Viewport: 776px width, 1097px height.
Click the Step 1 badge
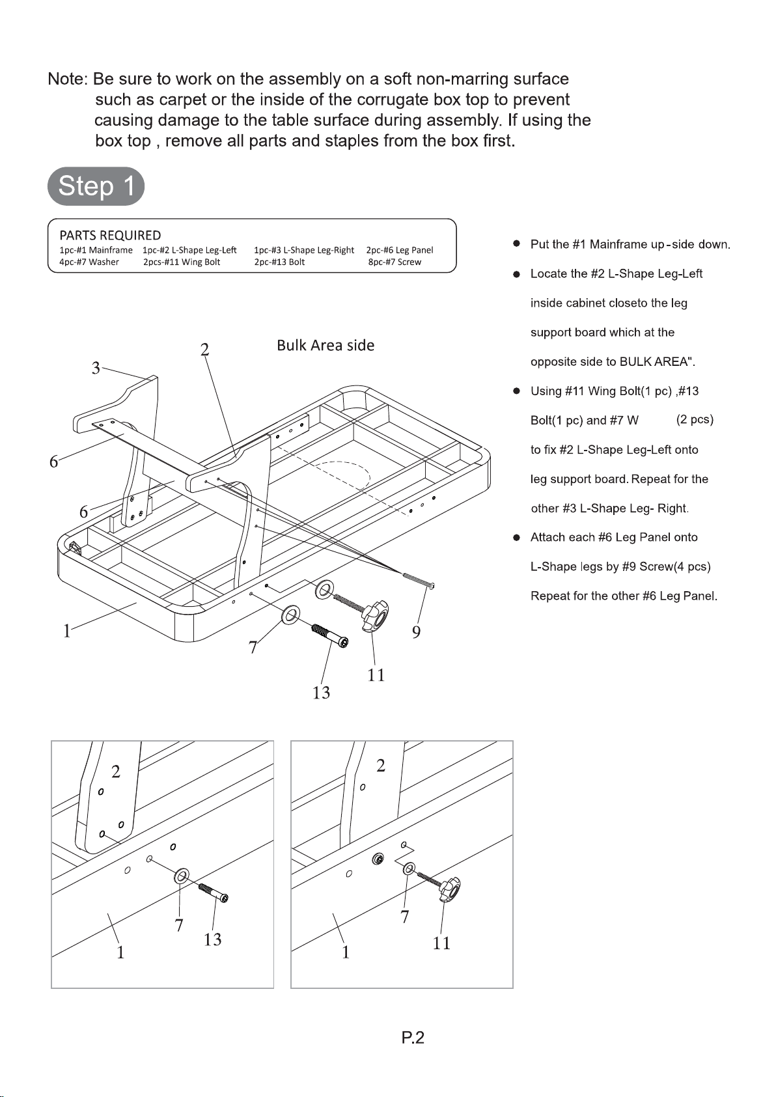tap(96, 186)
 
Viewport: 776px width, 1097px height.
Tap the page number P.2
tap(413, 1038)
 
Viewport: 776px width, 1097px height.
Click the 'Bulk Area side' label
tap(326, 345)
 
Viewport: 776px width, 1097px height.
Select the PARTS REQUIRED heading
tap(110, 235)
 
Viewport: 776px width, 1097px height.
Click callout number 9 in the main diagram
tap(416, 632)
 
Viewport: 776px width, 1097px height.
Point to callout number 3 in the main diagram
tap(96, 368)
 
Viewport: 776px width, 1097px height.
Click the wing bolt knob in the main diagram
tap(376, 616)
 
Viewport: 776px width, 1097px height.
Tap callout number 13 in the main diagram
tap(321, 693)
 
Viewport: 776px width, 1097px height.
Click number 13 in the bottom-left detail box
tap(212, 939)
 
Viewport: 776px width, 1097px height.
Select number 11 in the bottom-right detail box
tap(441, 943)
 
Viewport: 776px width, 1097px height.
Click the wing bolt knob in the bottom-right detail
tap(450, 889)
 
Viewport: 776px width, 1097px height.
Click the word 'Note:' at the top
tap(67, 79)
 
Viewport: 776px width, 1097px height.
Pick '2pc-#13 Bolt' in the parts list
tap(279, 262)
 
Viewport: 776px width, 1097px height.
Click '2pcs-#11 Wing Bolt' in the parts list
tap(182, 262)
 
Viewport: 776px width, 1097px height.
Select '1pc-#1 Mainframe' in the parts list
tap(96, 250)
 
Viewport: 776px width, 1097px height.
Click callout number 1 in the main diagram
tap(66, 631)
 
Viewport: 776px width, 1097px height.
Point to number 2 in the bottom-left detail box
tap(116, 772)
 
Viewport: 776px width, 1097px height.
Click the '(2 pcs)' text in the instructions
tap(695, 420)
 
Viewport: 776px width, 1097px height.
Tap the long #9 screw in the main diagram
tap(417, 579)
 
